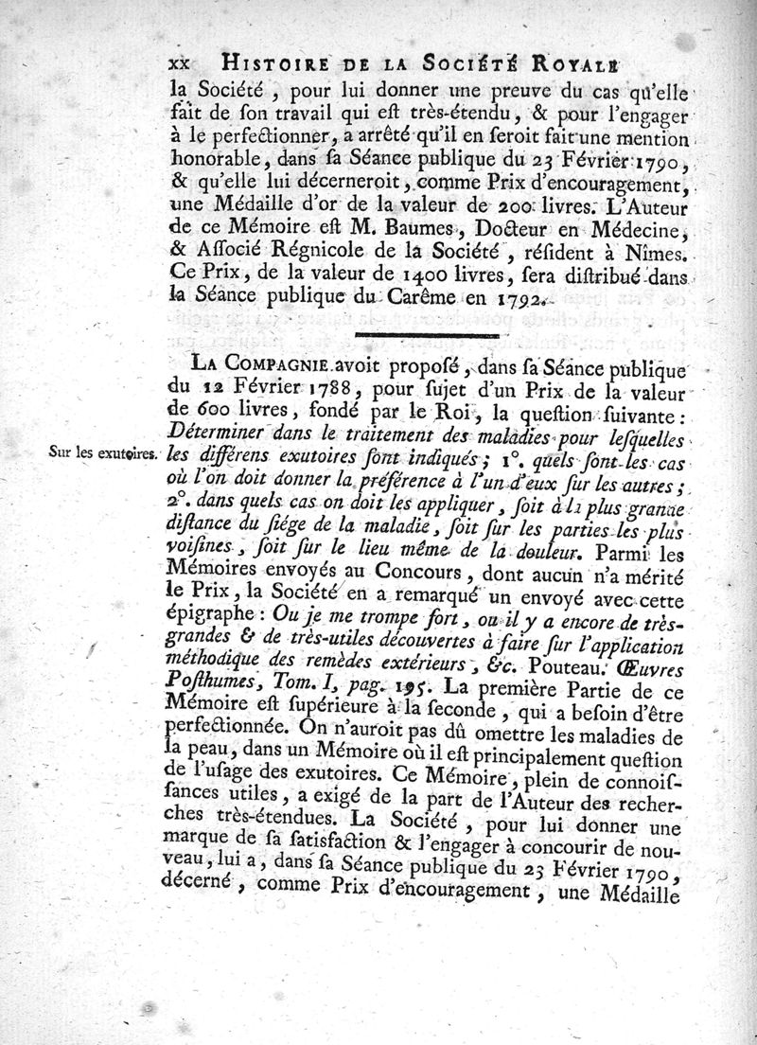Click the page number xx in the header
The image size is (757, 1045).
tap(178, 62)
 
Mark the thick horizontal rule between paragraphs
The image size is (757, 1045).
tap(426, 336)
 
